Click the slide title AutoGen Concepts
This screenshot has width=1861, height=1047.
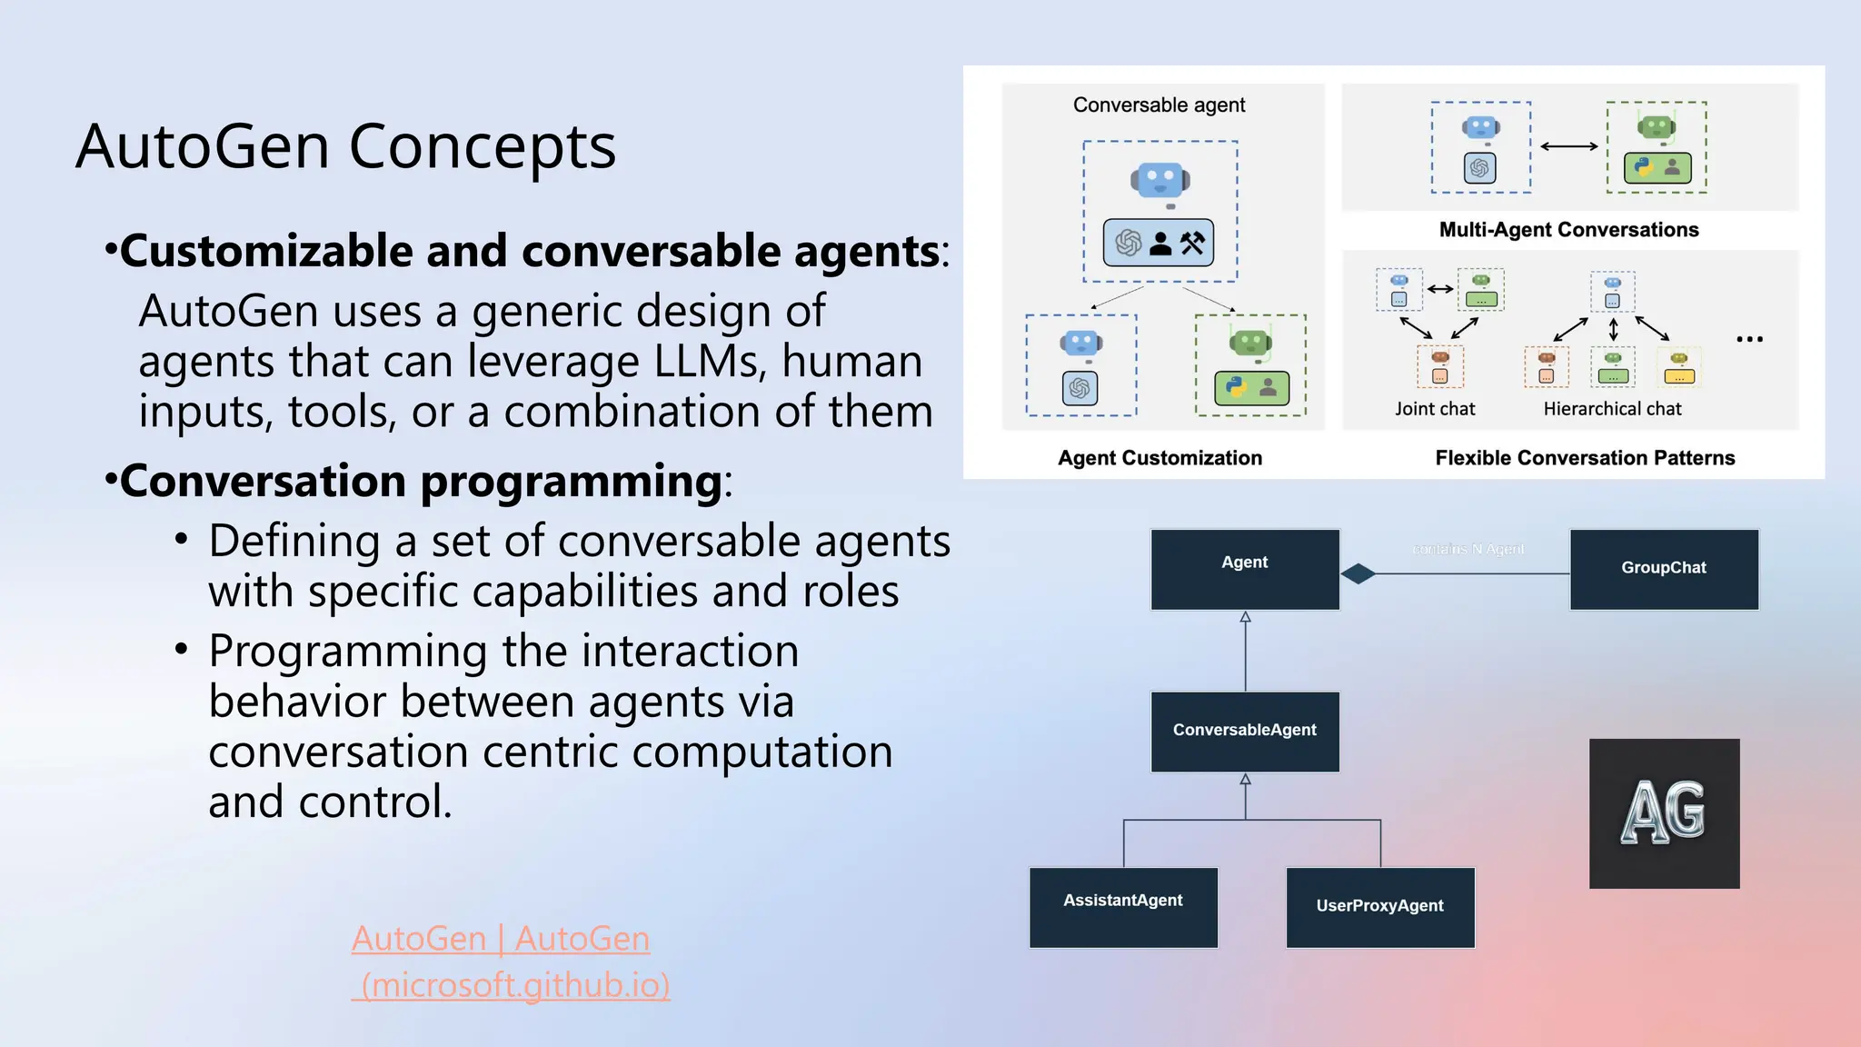(x=345, y=146)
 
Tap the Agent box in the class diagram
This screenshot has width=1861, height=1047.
(x=1244, y=569)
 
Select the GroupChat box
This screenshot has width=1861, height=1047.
(x=1663, y=569)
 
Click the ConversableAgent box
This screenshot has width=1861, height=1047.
(x=1244, y=731)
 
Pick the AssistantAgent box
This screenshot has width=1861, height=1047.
(x=1123, y=906)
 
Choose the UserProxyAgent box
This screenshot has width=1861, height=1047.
(x=1379, y=906)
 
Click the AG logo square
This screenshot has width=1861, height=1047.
(x=1663, y=813)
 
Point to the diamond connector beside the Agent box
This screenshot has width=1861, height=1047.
(x=1358, y=573)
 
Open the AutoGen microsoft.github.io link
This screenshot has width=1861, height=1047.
(x=509, y=961)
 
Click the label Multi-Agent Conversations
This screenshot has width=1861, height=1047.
(x=1568, y=230)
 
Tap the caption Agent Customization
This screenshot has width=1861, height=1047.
(x=1159, y=458)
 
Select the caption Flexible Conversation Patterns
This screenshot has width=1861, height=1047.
(x=1585, y=458)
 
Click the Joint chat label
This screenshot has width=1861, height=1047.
(x=1435, y=409)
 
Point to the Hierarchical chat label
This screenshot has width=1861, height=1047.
(x=1612, y=409)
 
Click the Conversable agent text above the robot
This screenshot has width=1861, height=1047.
(x=1159, y=105)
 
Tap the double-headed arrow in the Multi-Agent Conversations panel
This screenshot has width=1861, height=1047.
(x=1568, y=146)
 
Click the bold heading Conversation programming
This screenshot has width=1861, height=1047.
(x=421, y=480)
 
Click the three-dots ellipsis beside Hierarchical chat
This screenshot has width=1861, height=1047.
(x=1749, y=339)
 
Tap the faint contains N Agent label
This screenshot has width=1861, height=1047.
(x=1468, y=549)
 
